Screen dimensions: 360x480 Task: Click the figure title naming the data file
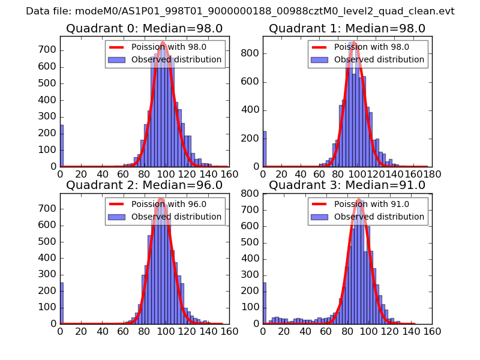[x=240, y=11]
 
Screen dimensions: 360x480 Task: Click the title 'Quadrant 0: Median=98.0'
[x=144, y=28]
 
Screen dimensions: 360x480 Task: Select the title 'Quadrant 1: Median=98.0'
[x=347, y=28]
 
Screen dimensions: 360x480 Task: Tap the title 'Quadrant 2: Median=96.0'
[x=144, y=185]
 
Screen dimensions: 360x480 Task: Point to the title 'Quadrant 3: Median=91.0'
[x=347, y=185]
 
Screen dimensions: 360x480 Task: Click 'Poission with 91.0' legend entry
[x=371, y=204]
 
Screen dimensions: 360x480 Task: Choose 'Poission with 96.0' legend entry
[x=169, y=204]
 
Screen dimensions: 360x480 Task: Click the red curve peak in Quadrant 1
[x=355, y=43]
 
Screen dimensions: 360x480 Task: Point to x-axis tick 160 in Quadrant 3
[x=432, y=331]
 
